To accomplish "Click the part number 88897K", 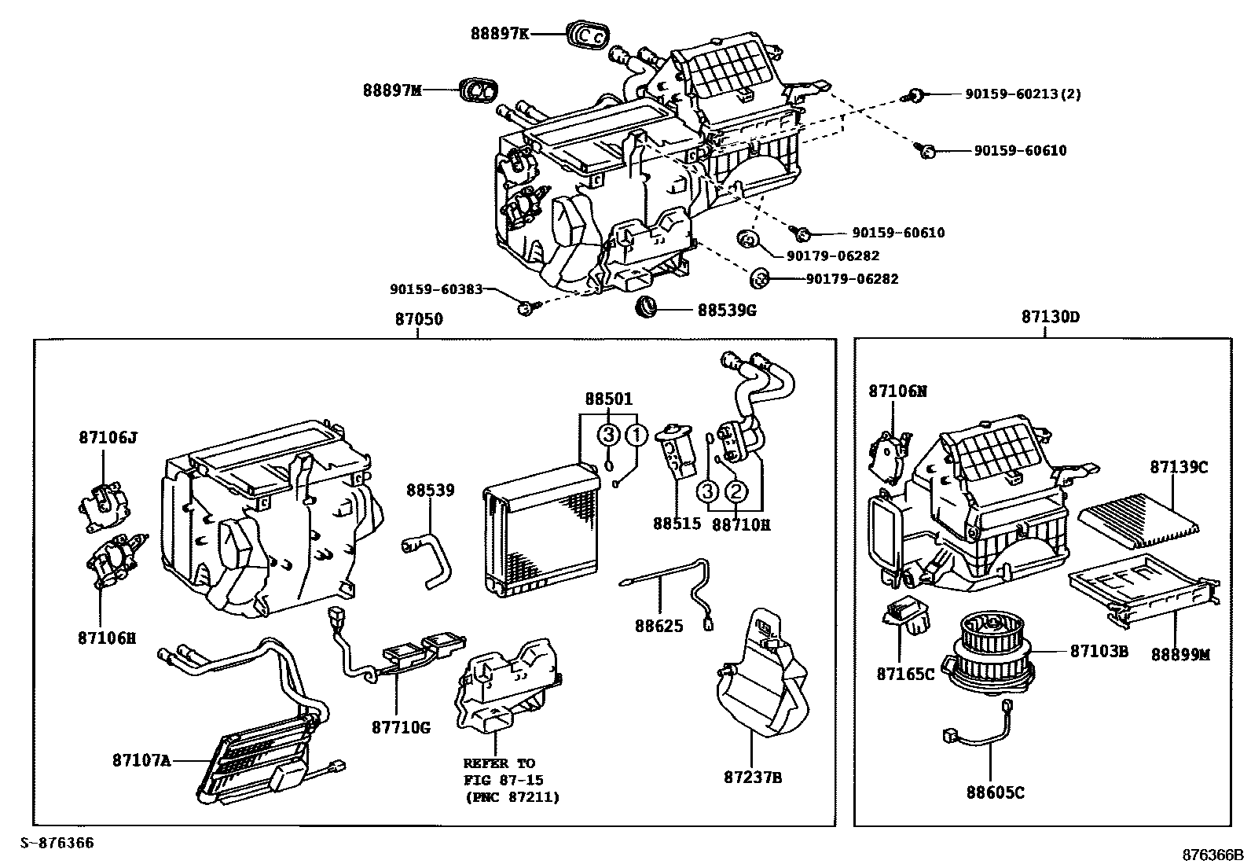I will click(500, 33).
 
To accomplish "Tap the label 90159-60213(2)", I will click(1022, 94).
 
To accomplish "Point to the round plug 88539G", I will click(646, 307).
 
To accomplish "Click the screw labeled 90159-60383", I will click(525, 307).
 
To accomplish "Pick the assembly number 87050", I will click(418, 319).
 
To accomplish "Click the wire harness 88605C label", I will click(995, 793).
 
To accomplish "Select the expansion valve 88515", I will click(677, 451).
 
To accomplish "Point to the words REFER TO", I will click(498, 763).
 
